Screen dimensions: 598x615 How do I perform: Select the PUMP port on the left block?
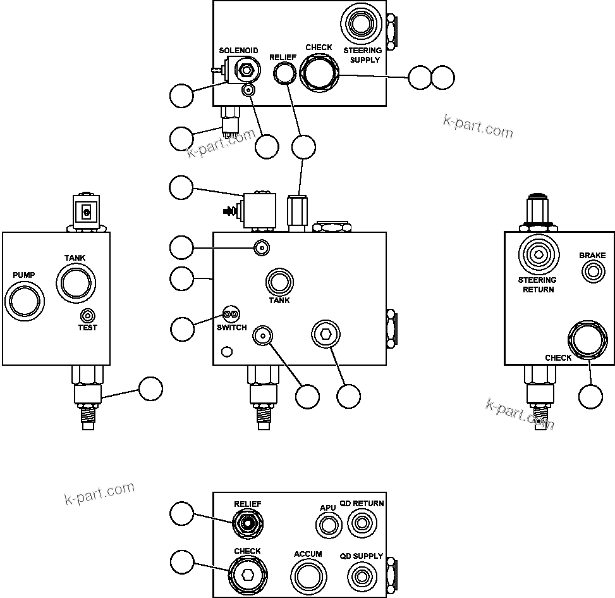point(24,300)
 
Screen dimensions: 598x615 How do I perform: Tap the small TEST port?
point(87,315)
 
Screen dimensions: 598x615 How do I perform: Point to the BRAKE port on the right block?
point(593,271)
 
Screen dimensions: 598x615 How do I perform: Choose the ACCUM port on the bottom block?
point(308,576)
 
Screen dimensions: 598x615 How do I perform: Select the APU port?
point(328,525)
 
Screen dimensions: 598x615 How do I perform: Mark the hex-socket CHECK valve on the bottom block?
point(247,575)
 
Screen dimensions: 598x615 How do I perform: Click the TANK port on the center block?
point(279,281)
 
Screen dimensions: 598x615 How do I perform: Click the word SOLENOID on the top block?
point(238,51)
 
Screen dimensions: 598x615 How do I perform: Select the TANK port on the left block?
point(75,282)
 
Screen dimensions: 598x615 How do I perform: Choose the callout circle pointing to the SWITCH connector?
point(182,328)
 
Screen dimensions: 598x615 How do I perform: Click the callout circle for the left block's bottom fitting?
point(150,389)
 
